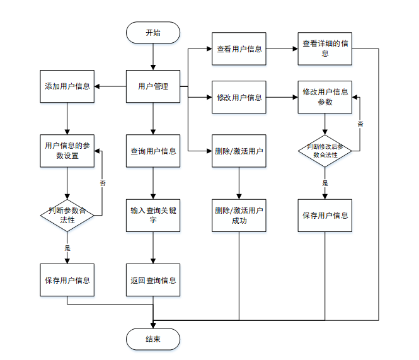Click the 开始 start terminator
152,33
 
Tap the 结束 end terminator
152,339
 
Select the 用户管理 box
153,86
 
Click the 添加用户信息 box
67,86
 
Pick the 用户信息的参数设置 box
67,151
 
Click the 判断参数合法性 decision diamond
67,215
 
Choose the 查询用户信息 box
153,151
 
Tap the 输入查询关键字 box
153,215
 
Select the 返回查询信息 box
153,280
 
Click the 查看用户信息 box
239,49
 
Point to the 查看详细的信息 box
324,49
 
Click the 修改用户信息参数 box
324,96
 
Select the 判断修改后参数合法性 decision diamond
324,151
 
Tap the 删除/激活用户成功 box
239,215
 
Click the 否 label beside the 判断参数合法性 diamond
102,183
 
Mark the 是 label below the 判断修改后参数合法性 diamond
325,183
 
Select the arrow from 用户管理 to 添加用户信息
111,86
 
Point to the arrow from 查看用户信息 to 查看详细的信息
282,49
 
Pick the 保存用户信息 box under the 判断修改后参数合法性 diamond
324,215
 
